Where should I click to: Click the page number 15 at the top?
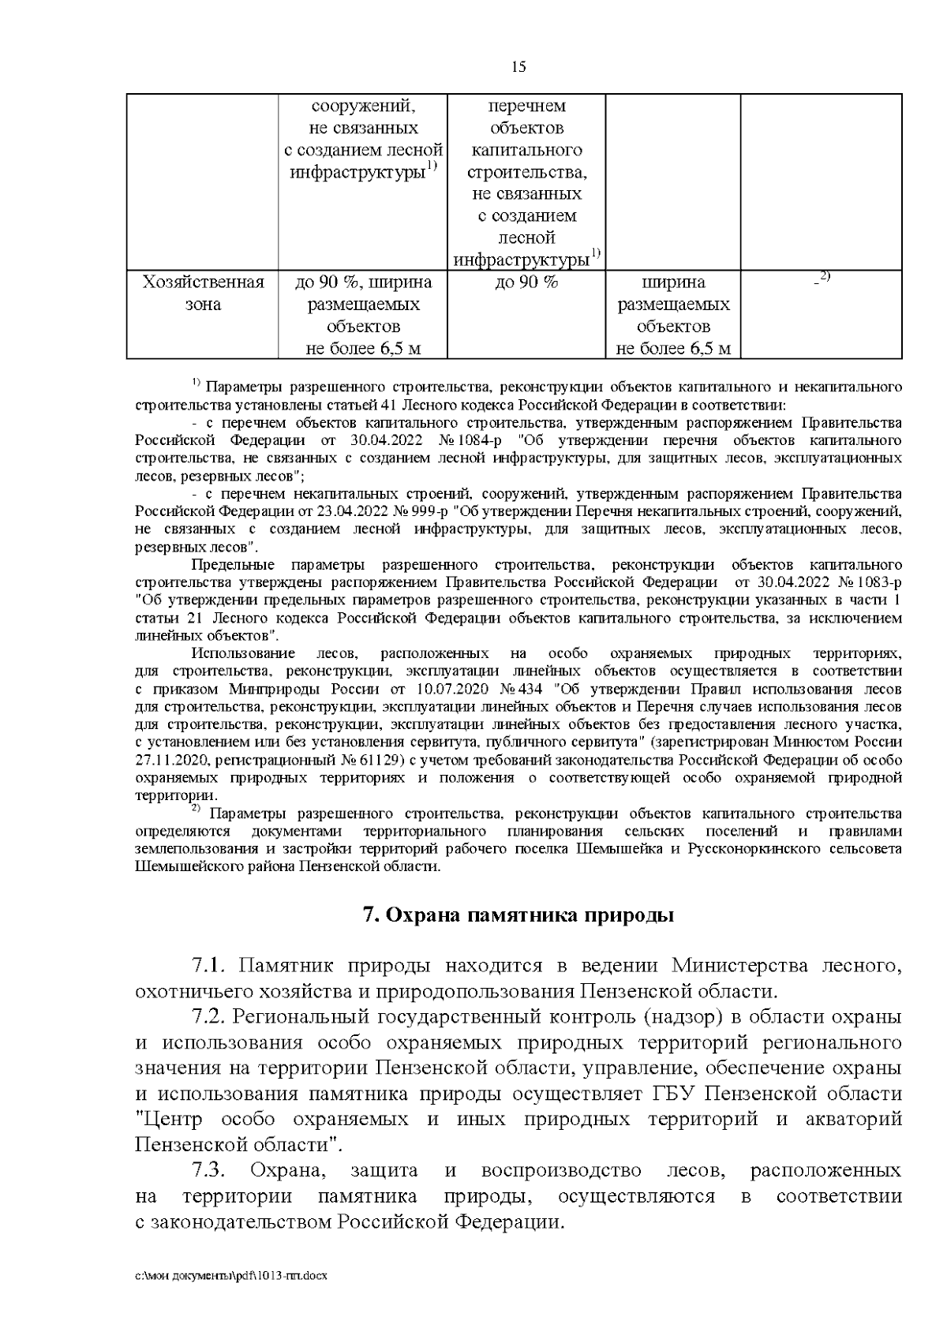coord(518,67)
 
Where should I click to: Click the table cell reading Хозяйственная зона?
coord(202,293)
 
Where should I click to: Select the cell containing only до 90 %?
coord(526,282)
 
